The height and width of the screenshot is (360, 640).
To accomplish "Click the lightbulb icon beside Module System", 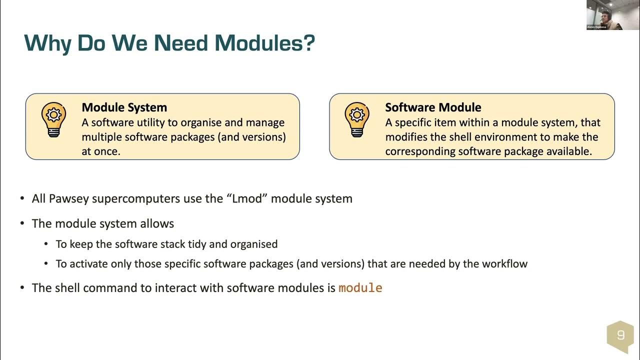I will [x=53, y=119].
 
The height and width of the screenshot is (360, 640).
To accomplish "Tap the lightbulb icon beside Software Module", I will [x=357, y=119].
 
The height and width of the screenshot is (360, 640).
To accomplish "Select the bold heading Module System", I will [x=124, y=107].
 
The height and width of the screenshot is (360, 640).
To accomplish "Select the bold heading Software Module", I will [x=433, y=107].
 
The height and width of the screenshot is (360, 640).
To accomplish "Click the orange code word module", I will [x=360, y=288].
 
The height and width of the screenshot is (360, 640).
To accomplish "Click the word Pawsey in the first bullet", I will [x=68, y=198].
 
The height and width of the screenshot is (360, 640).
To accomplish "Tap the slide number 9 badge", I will [x=620, y=335].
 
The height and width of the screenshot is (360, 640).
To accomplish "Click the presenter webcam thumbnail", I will [x=604, y=15].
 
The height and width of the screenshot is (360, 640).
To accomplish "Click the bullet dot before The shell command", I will [x=22, y=288].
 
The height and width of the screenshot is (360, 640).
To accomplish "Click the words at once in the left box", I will [x=101, y=151].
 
